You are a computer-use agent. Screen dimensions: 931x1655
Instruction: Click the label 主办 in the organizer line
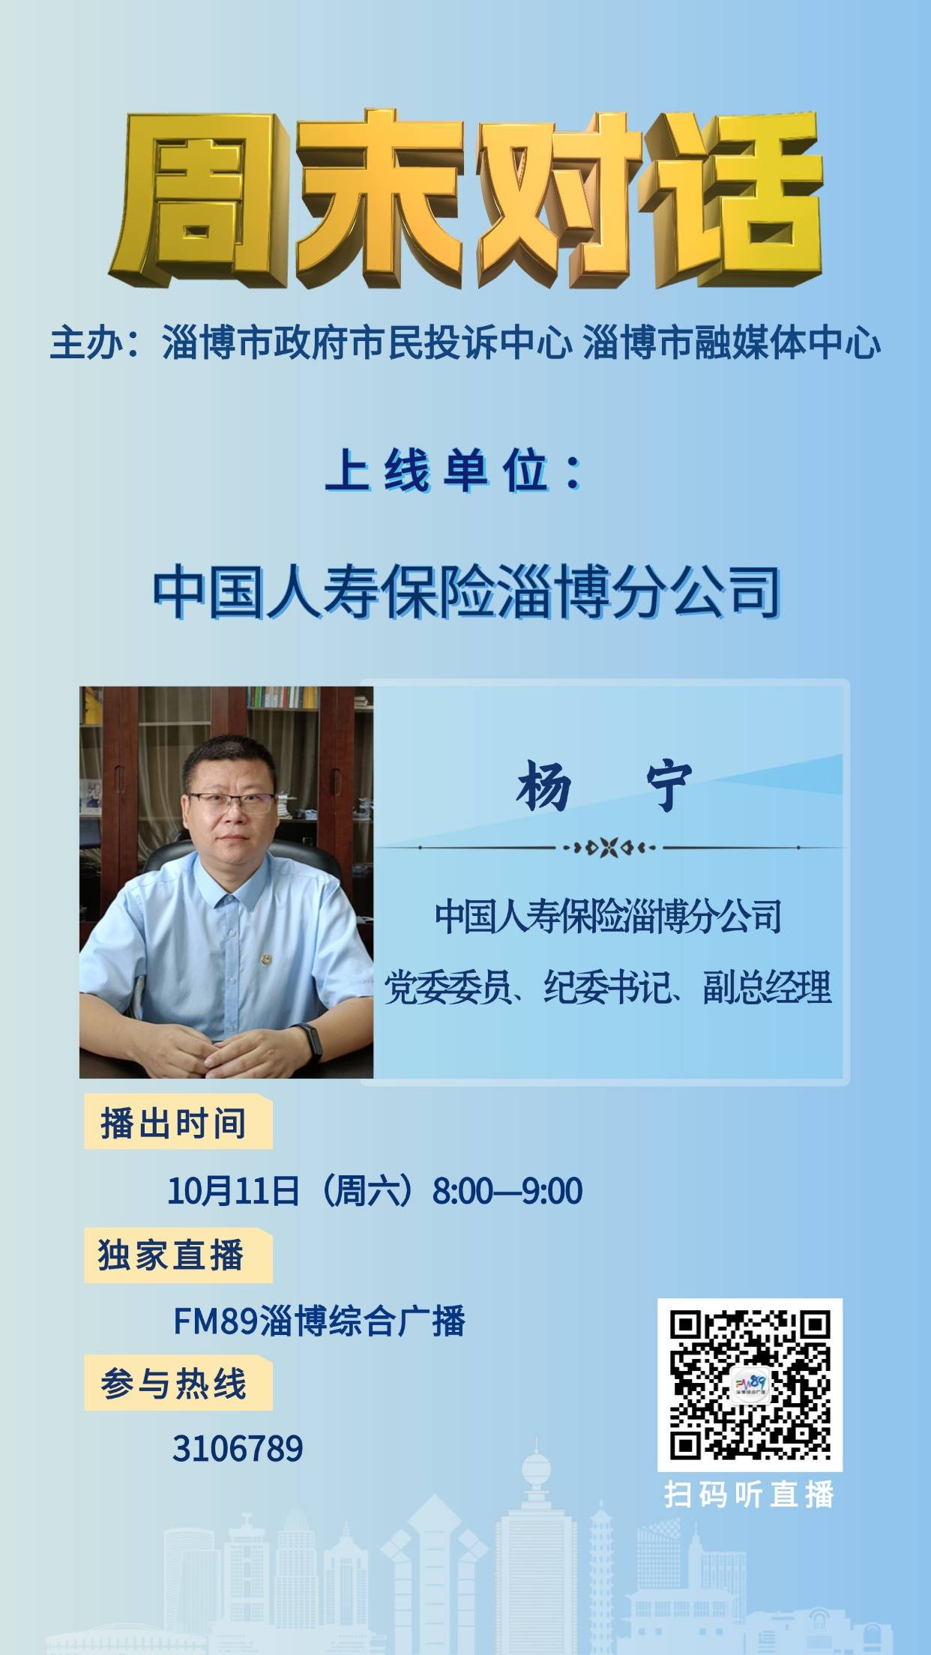[x=82, y=343]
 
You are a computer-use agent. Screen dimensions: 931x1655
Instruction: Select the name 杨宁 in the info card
[x=603, y=787]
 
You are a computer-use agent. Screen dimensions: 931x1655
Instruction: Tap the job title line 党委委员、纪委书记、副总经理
[x=608, y=987]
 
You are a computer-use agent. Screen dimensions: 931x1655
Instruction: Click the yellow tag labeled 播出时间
[x=178, y=1121]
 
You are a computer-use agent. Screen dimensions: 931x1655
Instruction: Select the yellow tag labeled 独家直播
[x=178, y=1255]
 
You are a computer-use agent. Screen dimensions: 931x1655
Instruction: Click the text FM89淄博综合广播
[x=319, y=1320]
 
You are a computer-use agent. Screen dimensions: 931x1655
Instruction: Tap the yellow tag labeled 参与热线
[x=178, y=1382]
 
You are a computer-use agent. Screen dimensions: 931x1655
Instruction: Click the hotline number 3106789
[x=238, y=1448]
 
